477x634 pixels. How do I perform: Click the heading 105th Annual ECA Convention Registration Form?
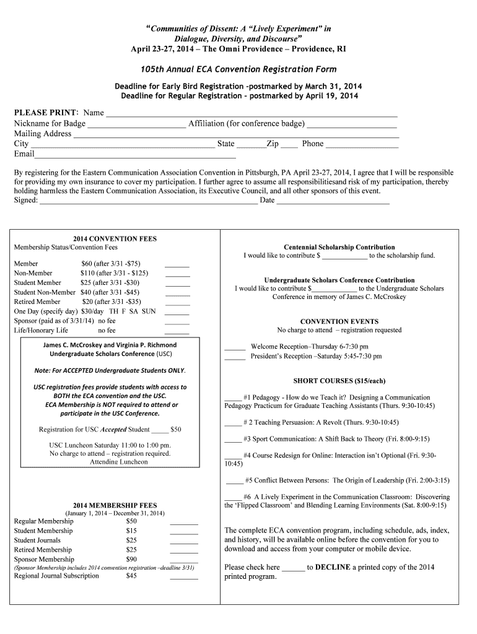coord(239,69)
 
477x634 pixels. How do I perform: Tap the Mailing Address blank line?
coord(235,135)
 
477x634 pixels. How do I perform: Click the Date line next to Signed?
coord(333,201)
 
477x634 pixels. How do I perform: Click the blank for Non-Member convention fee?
coord(178,274)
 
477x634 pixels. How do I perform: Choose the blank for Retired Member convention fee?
coord(178,303)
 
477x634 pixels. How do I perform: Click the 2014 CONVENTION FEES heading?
coord(115,239)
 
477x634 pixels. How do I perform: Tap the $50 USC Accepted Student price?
coord(176,429)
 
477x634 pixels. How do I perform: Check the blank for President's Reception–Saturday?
coord(235,358)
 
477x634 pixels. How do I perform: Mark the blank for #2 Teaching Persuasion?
coord(233,424)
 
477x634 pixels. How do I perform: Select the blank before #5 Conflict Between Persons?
coord(235,481)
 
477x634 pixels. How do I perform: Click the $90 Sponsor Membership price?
coord(131,559)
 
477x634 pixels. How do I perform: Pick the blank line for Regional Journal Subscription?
coord(184,577)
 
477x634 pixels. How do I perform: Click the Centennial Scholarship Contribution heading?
coord(339,247)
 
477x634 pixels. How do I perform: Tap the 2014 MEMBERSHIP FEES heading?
coord(115,505)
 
